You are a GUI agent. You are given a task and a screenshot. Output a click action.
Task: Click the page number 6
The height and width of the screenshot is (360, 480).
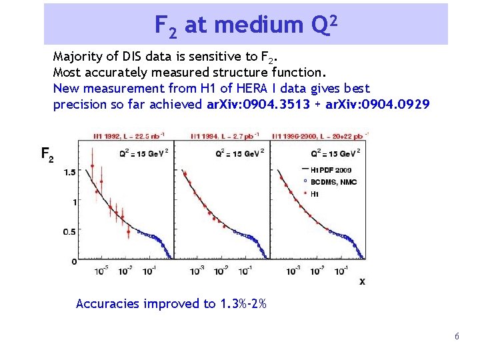[457, 337]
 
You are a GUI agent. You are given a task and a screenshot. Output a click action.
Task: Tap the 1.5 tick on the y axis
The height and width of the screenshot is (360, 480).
[69, 173]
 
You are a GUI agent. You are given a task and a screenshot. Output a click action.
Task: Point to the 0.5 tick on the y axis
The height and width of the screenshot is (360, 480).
[69, 232]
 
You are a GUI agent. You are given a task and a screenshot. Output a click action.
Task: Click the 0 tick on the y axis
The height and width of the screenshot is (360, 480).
[73, 261]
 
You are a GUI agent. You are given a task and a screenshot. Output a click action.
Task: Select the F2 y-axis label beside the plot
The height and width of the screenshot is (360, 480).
[47, 155]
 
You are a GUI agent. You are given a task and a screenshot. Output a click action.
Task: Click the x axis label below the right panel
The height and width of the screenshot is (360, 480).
[362, 281]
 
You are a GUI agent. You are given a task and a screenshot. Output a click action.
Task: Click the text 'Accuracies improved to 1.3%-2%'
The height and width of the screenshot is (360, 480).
[171, 304]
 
